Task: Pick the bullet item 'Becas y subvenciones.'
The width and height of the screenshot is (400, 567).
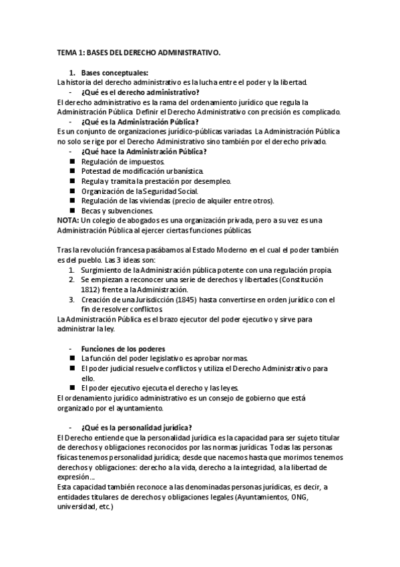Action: coord(112,211)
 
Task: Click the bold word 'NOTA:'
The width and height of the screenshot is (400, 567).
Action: coord(67,221)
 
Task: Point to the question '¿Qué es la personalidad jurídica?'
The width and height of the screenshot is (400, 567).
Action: coord(136,427)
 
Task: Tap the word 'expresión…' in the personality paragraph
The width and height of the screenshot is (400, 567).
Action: coord(76,477)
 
